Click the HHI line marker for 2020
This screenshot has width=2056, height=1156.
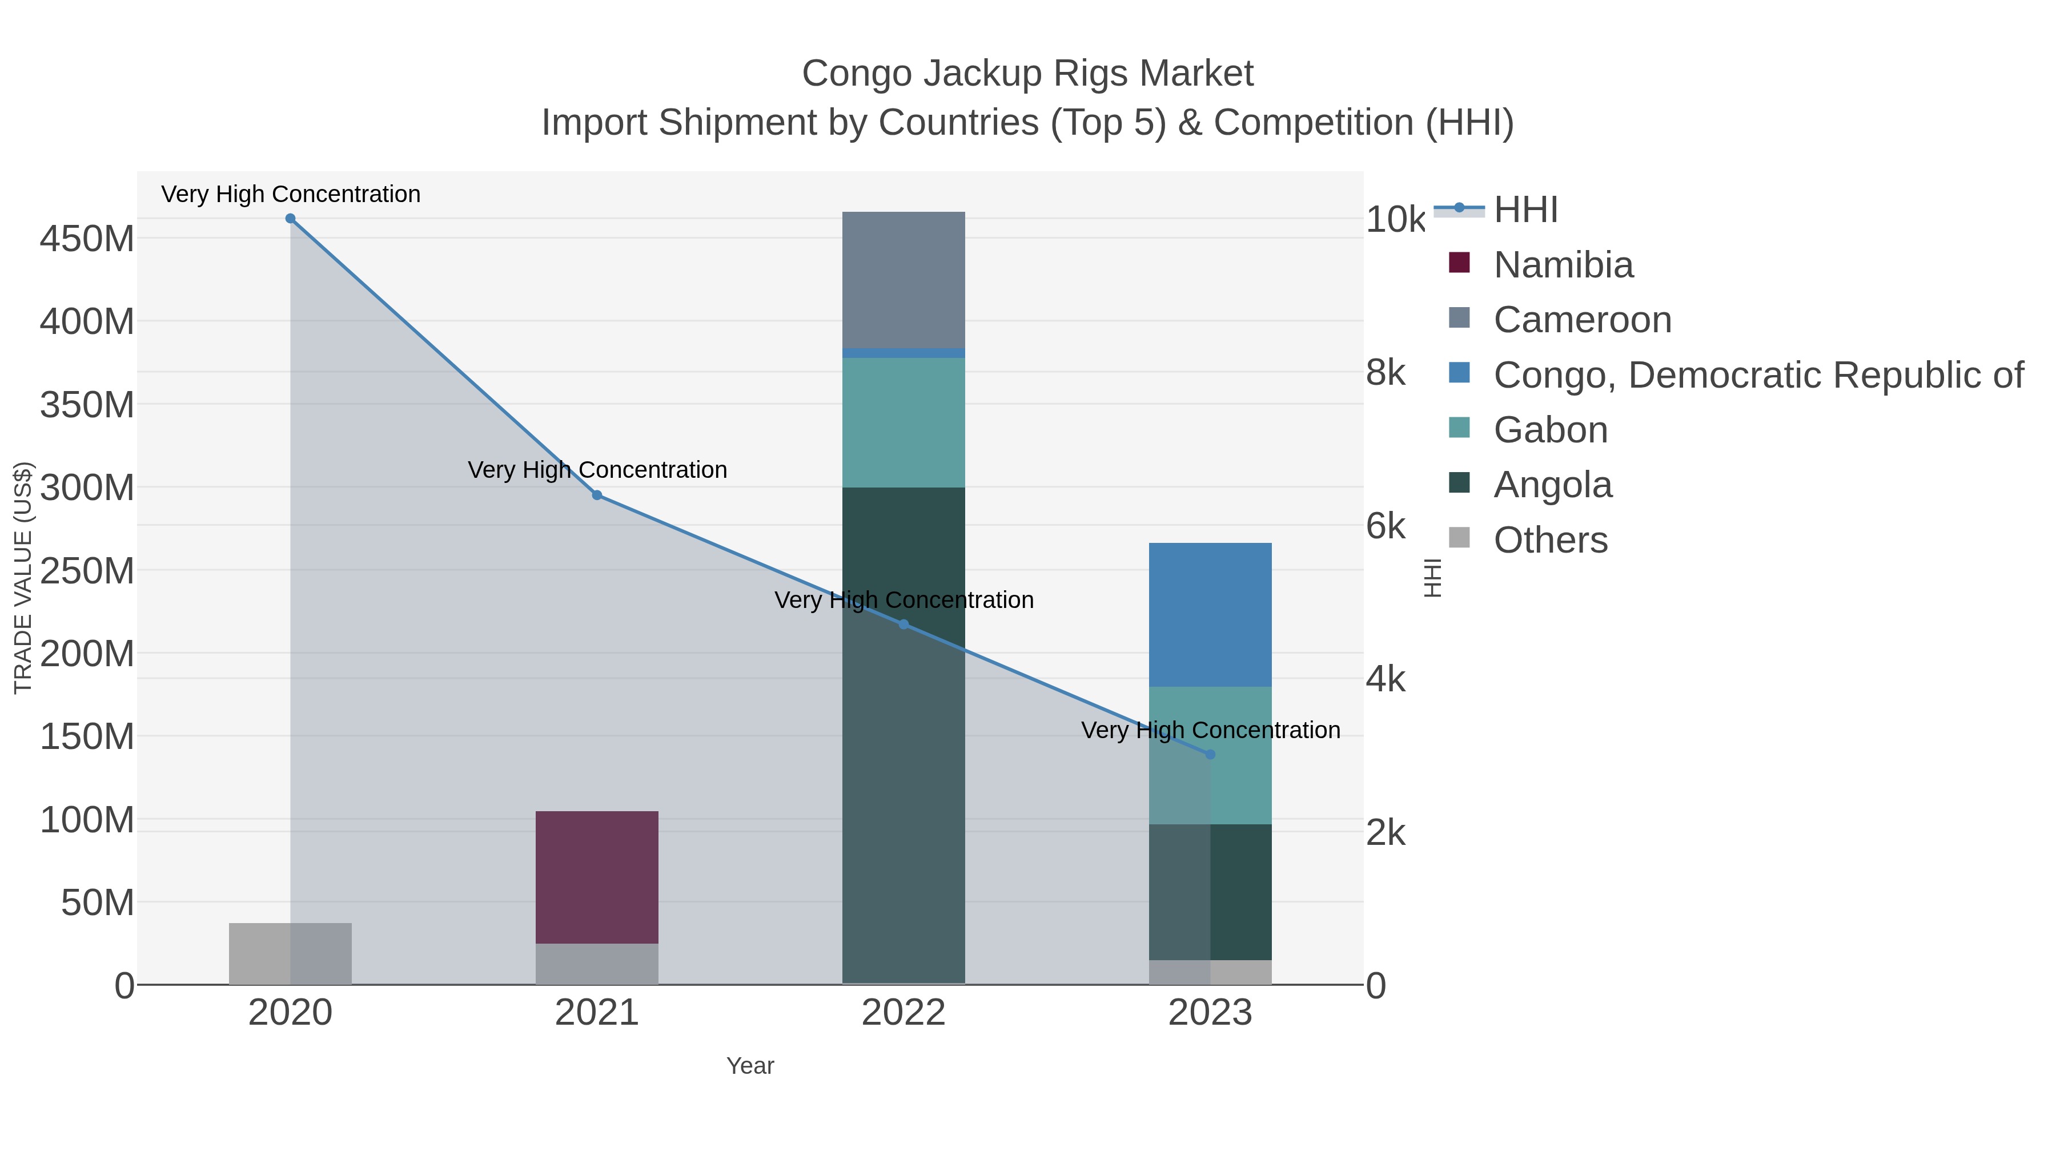291,219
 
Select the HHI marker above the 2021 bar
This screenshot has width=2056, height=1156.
597,496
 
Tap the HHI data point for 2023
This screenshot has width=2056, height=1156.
1210,755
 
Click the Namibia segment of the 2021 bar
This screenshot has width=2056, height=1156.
597,877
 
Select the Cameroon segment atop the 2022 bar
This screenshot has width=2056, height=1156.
903,279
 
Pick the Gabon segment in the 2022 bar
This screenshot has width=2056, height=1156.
903,423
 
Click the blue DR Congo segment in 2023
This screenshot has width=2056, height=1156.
1210,614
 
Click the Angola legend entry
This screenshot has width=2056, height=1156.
1552,485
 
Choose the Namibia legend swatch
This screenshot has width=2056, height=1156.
1459,263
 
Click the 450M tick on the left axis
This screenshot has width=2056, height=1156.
87,239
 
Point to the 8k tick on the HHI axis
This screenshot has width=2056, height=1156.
1386,373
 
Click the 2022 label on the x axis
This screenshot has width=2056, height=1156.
903,1013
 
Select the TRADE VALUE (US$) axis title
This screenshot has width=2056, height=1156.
23,578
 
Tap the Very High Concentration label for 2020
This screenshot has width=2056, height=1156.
291,194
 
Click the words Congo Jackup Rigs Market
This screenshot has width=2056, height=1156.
1027,74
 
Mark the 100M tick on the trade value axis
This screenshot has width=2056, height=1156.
87,819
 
